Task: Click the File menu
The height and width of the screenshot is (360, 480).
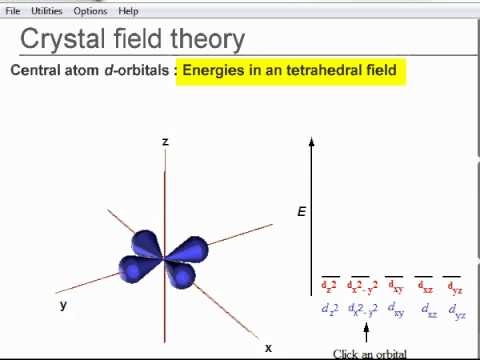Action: point(13,10)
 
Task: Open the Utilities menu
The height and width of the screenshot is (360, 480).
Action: point(46,10)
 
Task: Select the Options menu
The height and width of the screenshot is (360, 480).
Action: point(90,10)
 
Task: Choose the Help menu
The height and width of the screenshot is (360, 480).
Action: point(128,10)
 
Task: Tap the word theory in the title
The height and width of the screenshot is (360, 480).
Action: point(200,39)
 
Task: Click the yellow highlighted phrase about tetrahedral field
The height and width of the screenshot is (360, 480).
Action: point(290,71)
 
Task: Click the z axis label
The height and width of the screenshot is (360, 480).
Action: point(165,142)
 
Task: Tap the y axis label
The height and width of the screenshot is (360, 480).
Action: point(63,305)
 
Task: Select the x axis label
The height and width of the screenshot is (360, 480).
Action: point(268,347)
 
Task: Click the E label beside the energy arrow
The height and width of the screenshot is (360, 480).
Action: point(301,211)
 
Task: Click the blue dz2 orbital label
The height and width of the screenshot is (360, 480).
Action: point(330,310)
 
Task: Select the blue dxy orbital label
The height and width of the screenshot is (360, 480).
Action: point(396,310)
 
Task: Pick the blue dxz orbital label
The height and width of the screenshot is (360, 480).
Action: point(429,311)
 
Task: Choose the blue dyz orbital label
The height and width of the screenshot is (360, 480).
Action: point(457,311)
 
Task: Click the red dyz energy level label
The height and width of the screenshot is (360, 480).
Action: point(454,288)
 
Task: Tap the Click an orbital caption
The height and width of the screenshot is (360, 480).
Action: point(369,353)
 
